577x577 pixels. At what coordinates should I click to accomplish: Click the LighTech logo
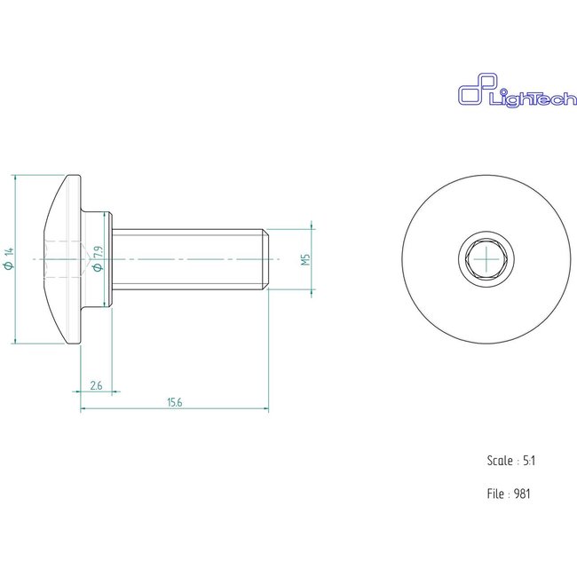click(503, 95)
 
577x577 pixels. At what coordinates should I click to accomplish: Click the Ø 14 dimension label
click(10, 258)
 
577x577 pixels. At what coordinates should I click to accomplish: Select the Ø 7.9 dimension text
click(99, 257)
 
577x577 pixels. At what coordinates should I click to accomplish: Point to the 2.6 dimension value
click(96, 385)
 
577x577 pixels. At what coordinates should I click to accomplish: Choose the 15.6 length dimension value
click(174, 402)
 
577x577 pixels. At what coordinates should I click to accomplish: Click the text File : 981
click(510, 493)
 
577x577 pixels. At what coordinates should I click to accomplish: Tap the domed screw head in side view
click(62, 258)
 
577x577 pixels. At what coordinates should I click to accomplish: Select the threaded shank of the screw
click(186, 258)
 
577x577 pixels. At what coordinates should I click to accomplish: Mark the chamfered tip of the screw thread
click(266, 258)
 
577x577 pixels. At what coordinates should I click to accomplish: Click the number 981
click(524, 493)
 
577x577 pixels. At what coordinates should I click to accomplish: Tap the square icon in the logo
click(469, 94)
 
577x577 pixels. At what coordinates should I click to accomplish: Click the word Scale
click(500, 461)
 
